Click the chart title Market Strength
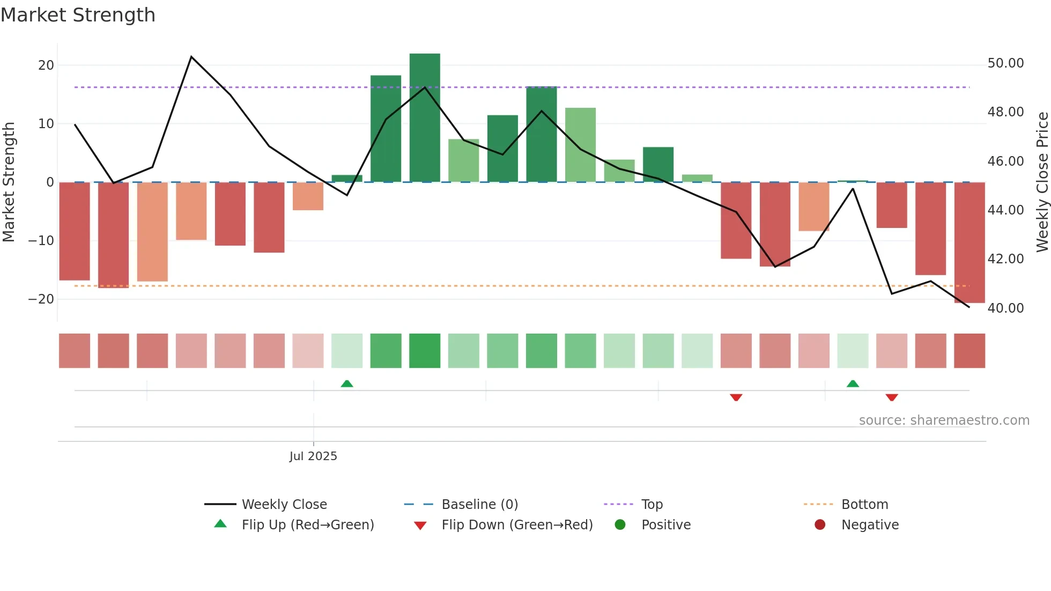[x=78, y=15]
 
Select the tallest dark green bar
[x=425, y=118]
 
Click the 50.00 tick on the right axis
[x=1005, y=63]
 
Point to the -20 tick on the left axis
[x=41, y=299]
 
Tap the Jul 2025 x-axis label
[x=313, y=456]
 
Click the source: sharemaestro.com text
[x=944, y=420]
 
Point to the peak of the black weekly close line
[x=191, y=57]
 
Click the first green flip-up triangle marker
[x=347, y=383]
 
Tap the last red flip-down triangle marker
[x=892, y=397]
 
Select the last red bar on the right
[x=969, y=242]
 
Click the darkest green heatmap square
[x=425, y=351]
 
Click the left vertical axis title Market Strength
[x=9, y=182]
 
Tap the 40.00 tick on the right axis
[x=1005, y=308]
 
